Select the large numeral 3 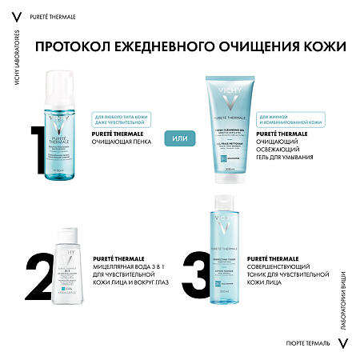click(198, 276)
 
